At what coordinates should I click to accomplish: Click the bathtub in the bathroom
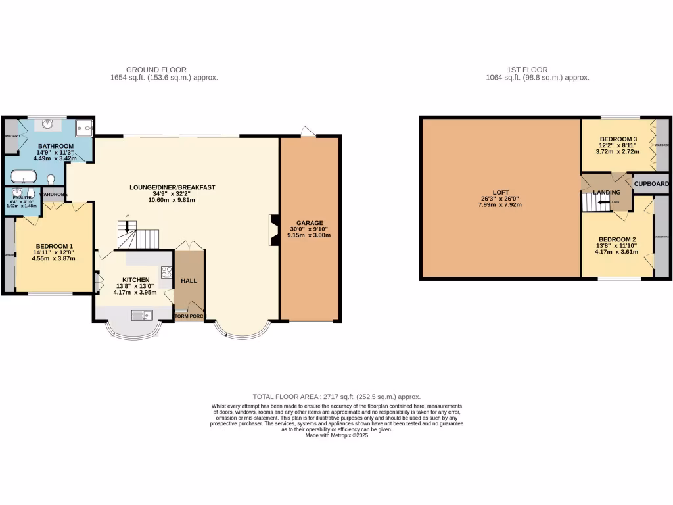[22, 176]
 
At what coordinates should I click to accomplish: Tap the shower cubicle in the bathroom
[84, 128]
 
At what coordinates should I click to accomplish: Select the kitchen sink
[142, 314]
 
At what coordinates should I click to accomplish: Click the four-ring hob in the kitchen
[166, 272]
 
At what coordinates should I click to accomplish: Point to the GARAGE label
[309, 222]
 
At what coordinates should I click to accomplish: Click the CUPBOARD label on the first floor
[651, 184]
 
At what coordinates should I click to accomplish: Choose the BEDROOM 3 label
[617, 139]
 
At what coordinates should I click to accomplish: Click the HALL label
[189, 281]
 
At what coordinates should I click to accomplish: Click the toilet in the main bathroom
[51, 178]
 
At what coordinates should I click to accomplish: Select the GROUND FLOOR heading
[156, 70]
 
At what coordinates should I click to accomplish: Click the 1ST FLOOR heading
[527, 70]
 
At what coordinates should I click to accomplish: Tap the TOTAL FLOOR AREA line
[336, 397]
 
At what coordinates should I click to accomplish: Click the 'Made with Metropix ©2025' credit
[336, 435]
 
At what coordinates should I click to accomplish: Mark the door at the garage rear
[308, 132]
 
